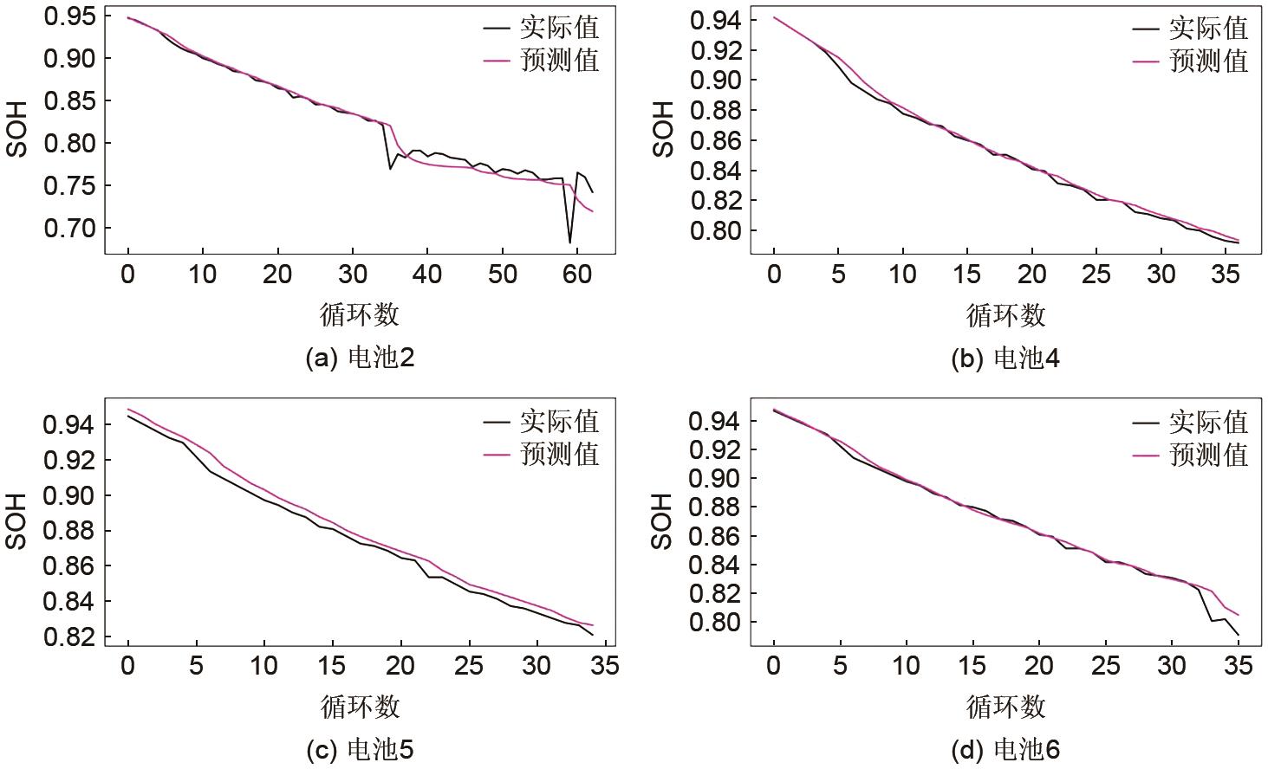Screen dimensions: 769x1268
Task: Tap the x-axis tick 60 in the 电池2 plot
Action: pyautogui.click(x=577, y=275)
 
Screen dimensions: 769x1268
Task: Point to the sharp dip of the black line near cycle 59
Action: pyautogui.click(x=569, y=242)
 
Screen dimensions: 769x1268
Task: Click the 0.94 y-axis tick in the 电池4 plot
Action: pyautogui.click(x=715, y=21)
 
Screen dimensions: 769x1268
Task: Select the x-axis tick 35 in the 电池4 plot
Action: pyautogui.click(x=1226, y=275)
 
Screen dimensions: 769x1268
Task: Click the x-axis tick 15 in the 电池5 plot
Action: pyautogui.click(x=332, y=666)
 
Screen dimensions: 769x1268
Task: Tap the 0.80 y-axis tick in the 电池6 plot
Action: pyautogui.click(x=715, y=623)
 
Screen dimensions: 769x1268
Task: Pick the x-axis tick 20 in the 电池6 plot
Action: pyautogui.click(x=1038, y=666)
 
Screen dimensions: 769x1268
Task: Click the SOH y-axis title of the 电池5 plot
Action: pyautogui.click(x=16, y=521)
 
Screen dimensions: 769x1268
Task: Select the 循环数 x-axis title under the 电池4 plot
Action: pyautogui.click(x=1005, y=315)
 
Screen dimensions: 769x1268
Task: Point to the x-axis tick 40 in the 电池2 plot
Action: pyautogui.click(x=427, y=275)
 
